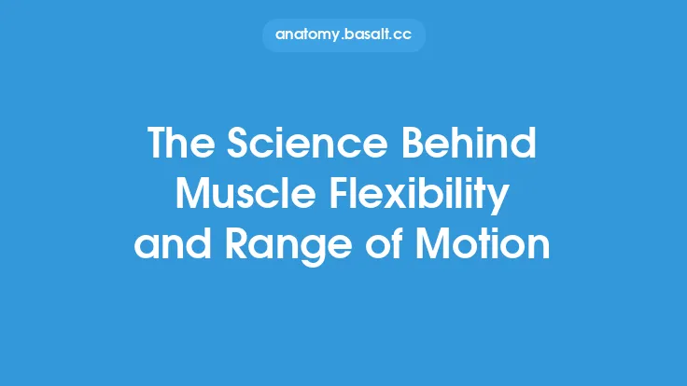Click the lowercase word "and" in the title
[169, 244]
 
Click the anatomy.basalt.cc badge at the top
[343, 34]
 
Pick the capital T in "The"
[159, 145]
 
